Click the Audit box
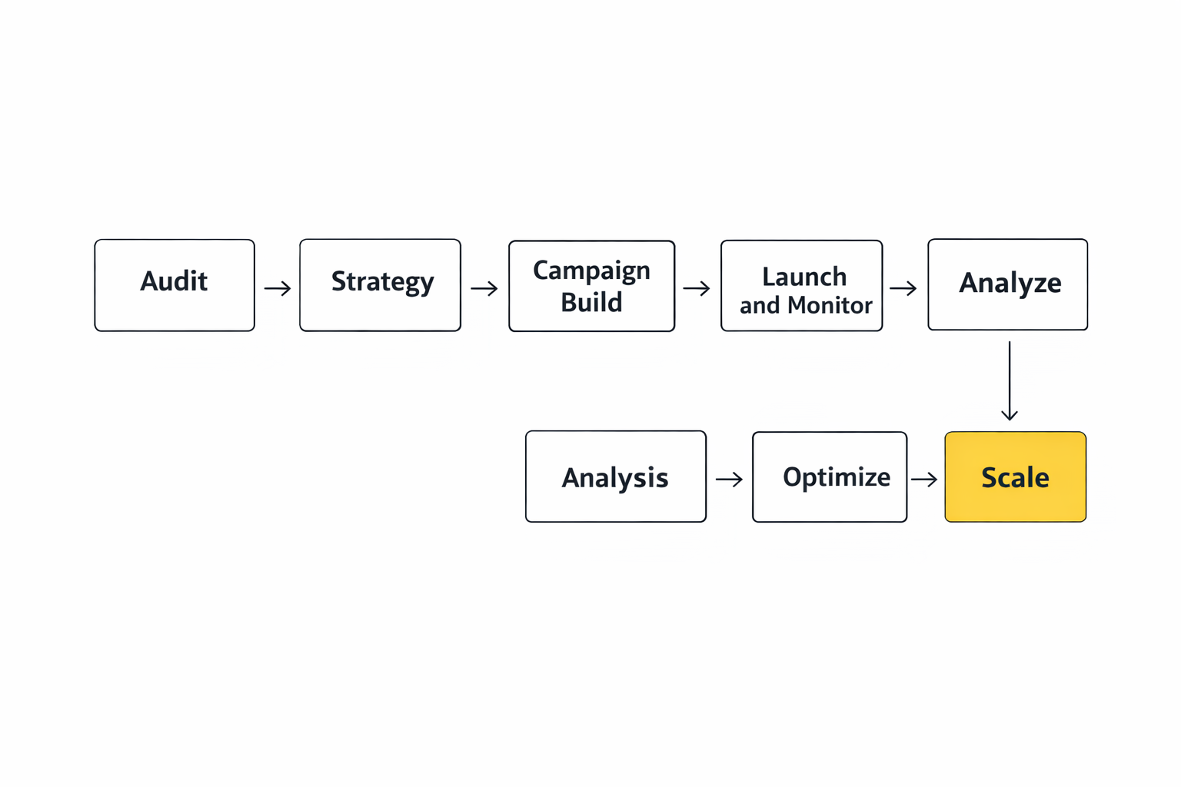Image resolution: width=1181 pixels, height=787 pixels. (175, 285)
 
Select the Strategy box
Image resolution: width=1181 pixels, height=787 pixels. (380, 285)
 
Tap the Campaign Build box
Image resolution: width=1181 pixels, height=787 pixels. (591, 286)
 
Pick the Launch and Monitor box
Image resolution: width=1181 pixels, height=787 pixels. (801, 286)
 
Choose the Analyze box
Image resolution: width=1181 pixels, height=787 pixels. (1007, 284)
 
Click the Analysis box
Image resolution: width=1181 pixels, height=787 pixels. (615, 477)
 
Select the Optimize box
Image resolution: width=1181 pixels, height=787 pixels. (829, 477)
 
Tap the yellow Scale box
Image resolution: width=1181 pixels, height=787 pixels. (1015, 477)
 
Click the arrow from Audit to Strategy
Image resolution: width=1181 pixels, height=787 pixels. (278, 289)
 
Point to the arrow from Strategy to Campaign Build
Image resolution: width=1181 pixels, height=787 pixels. (484, 289)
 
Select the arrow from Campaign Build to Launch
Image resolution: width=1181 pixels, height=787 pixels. (697, 289)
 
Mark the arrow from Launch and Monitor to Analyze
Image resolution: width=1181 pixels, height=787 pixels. (903, 289)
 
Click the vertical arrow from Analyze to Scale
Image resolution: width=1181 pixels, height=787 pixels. (1010, 380)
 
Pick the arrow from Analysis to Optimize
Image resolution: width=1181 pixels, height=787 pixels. (729, 480)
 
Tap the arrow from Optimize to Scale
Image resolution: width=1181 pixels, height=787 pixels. (924, 480)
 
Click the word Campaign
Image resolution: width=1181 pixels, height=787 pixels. (591, 271)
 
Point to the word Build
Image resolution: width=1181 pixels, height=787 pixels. (591, 303)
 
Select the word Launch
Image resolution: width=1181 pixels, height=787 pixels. (804, 277)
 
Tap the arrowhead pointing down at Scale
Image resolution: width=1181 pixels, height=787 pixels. (1010, 415)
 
